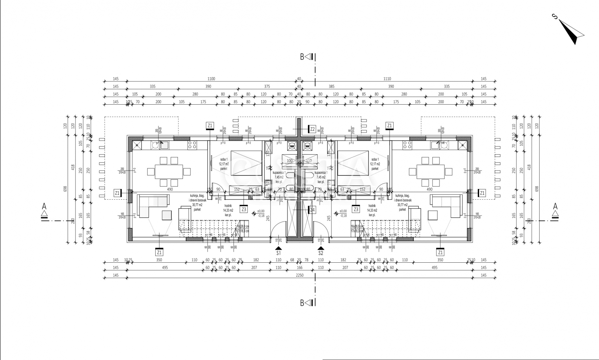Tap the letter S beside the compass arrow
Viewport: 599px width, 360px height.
point(555,16)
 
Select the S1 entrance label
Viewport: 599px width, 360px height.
point(279,253)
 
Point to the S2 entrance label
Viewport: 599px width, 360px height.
point(320,253)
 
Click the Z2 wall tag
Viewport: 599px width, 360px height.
point(312,129)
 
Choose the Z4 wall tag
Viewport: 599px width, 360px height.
point(312,210)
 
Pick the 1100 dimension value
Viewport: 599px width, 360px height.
point(211,79)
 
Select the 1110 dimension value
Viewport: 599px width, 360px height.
point(387,79)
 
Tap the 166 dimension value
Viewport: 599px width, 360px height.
point(299,268)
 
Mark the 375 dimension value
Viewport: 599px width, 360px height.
point(267,87)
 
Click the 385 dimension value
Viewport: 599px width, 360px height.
point(331,87)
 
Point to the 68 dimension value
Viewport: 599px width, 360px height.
point(292,260)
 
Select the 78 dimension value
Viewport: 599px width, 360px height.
point(306,260)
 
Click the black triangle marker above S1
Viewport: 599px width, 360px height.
point(279,248)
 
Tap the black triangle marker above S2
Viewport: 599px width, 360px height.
point(320,248)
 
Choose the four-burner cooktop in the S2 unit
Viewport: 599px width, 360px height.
point(407,145)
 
